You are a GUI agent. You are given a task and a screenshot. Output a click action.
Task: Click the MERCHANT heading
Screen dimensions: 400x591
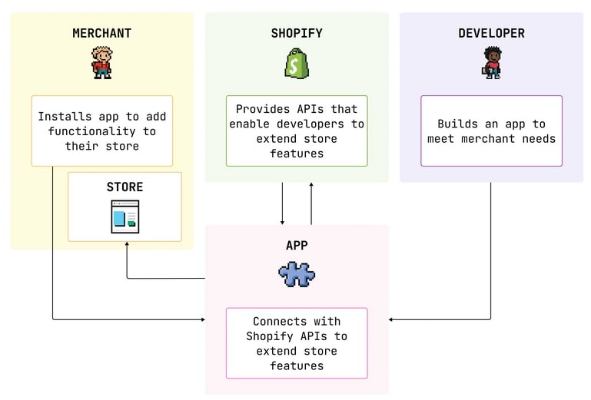click(x=101, y=33)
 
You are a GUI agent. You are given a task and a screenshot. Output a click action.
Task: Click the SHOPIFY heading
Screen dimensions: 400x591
click(x=297, y=33)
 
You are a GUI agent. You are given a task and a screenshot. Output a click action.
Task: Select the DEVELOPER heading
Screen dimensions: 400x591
click(x=491, y=33)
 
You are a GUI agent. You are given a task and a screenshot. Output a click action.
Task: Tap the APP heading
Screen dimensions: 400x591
click(x=297, y=246)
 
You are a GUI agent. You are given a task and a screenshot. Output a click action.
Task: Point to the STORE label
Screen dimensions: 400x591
click(x=125, y=187)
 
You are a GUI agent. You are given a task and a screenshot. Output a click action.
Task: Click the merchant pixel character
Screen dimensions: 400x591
click(x=101, y=62)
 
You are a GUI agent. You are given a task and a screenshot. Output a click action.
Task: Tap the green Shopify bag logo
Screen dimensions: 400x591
click(x=297, y=63)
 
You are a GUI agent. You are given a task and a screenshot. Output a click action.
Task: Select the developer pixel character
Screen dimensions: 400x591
click(x=491, y=62)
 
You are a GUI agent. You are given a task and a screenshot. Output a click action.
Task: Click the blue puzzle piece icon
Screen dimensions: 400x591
click(x=297, y=274)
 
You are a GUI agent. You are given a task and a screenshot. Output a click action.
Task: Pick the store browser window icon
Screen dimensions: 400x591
click(x=125, y=217)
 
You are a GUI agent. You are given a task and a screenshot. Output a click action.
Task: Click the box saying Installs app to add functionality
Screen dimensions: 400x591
click(x=101, y=131)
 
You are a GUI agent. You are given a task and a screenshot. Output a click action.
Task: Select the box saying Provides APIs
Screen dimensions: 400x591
click(x=297, y=131)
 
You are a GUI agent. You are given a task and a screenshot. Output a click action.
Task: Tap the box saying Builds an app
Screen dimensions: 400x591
click(x=491, y=131)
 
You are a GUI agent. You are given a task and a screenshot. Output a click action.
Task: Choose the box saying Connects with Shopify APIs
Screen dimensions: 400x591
click(x=297, y=343)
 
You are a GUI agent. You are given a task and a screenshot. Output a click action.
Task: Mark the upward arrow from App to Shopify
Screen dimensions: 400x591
click(x=311, y=203)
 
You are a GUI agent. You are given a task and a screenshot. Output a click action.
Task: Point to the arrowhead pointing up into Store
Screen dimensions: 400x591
click(x=127, y=246)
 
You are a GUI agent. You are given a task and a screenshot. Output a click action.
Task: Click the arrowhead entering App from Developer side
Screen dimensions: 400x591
click(x=392, y=319)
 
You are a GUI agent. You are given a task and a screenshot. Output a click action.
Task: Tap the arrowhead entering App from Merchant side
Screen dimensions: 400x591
click(x=202, y=319)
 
